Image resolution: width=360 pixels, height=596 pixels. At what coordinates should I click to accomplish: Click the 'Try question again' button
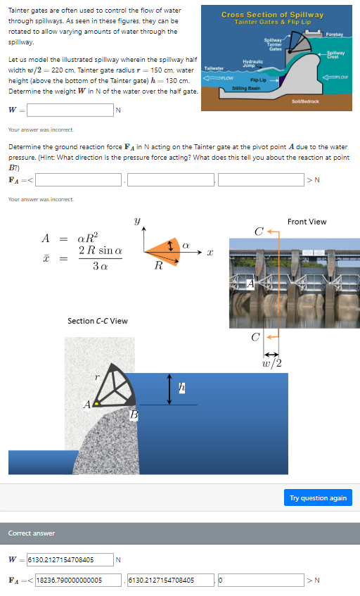pos(318,497)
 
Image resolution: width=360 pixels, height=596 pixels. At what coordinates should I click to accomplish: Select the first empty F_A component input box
pos(80,179)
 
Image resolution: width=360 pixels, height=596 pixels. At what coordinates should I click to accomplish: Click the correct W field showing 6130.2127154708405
pos(70,560)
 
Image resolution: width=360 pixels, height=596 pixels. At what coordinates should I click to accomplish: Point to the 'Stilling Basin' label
pos(245,88)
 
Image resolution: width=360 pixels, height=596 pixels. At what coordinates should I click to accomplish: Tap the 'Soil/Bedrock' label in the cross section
pos(304,101)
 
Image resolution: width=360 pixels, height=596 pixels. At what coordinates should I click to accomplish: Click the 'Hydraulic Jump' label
pos(252,64)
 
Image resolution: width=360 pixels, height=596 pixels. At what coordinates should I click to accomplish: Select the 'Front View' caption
pos(307,222)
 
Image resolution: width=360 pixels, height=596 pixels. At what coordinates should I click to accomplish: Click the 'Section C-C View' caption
pos(97,321)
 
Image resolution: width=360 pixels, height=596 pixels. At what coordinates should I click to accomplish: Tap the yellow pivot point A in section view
pos(96,404)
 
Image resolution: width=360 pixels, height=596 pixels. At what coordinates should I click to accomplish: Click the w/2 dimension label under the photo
pos(271,362)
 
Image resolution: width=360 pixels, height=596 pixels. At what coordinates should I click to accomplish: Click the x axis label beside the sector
pos(210,251)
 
